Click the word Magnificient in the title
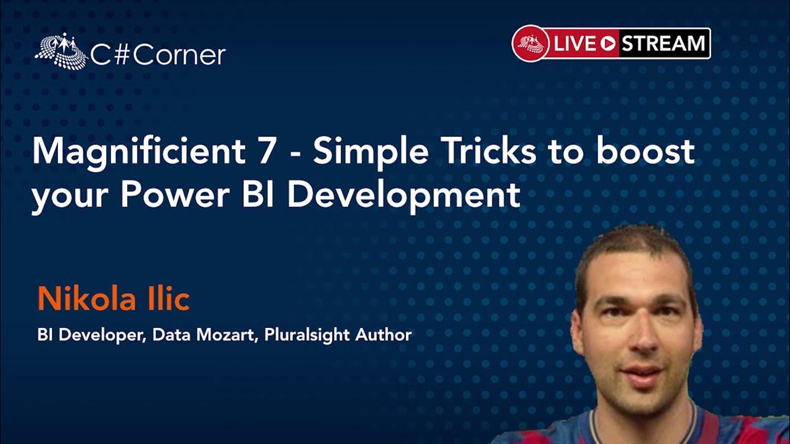click(x=139, y=152)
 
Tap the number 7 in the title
click(x=266, y=151)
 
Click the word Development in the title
click(x=404, y=197)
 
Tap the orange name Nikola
click(x=87, y=298)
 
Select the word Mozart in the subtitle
click(x=225, y=334)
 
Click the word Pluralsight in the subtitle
click(x=307, y=335)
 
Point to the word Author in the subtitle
click(x=383, y=334)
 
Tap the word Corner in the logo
click(x=180, y=55)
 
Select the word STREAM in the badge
click(x=663, y=43)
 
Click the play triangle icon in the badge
click(x=608, y=44)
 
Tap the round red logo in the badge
click(x=531, y=43)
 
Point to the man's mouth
click(x=642, y=374)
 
